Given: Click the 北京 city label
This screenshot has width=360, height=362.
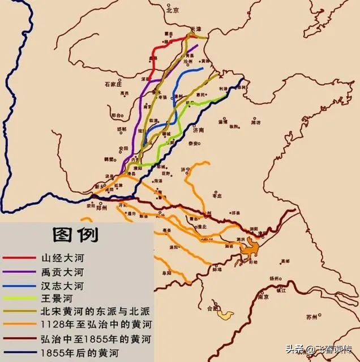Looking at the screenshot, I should point(173,10).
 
